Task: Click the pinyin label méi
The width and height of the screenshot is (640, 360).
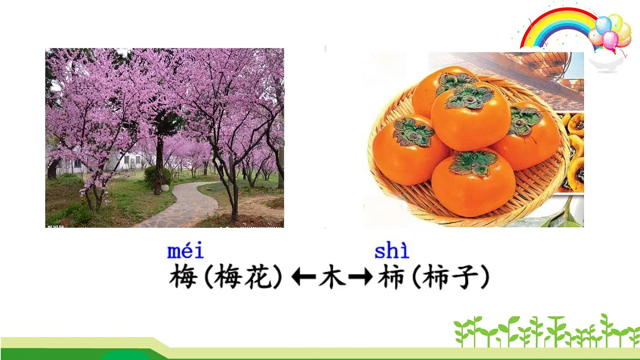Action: [185, 251]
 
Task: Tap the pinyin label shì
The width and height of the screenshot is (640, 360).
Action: [391, 251]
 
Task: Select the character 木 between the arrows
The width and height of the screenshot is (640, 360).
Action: [332, 278]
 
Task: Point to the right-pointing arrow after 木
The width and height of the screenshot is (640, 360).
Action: [360, 278]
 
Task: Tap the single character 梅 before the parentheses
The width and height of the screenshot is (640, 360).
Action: [183, 278]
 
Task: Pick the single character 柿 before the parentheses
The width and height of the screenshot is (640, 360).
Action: [390, 278]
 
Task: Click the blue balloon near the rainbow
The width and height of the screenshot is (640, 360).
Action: [603, 25]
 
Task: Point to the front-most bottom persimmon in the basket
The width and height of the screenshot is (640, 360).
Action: [473, 184]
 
